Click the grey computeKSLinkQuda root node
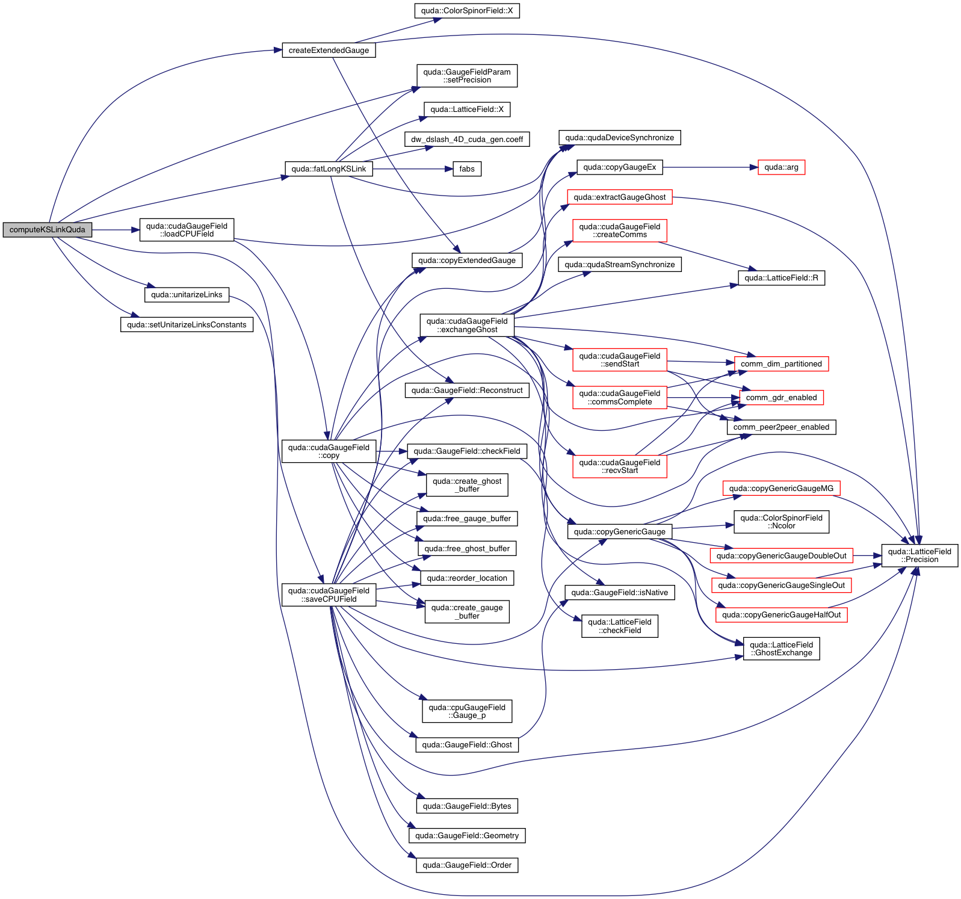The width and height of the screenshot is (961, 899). (x=48, y=230)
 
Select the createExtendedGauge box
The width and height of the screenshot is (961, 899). (x=329, y=51)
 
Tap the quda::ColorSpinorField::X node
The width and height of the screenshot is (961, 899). (x=467, y=11)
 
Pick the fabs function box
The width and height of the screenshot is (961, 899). (x=467, y=169)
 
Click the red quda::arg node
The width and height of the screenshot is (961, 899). (x=781, y=167)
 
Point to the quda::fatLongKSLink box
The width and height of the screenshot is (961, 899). (x=329, y=169)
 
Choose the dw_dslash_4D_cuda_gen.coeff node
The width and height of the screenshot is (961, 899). (x=467, y=140)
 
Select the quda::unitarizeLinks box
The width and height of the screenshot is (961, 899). (x=187, y=295)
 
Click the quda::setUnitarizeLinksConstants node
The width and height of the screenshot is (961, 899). (x=187, y=325)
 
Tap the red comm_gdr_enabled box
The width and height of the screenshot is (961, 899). (x=781, y=398)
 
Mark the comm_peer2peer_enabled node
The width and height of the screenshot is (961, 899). (x=781, y=427)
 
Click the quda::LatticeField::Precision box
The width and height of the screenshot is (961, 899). (x=919, y=555)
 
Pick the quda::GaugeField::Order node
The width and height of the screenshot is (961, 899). (x=467, y=865)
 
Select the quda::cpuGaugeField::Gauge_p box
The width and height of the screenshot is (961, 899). (x=467, y=711)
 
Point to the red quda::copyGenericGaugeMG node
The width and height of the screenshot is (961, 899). (x=781, y=489)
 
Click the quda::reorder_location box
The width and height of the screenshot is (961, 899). (x=467, y=578)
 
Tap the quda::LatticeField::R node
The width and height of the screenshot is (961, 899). (x=781, y=278)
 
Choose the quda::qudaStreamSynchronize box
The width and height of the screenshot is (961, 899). (x=620, y=265)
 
